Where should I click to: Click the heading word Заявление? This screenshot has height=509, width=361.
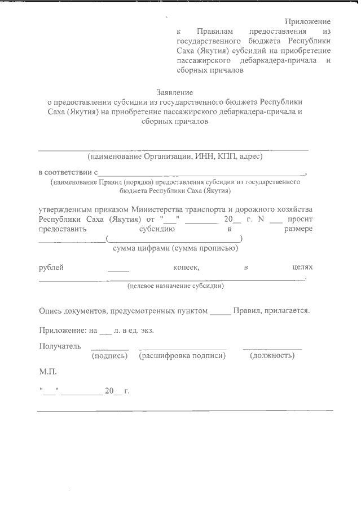[174, 92]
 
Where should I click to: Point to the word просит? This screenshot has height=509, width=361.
[300, 219]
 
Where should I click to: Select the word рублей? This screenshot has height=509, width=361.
[51, 267]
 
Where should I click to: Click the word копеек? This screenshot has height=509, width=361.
[187, 267]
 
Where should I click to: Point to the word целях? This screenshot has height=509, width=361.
[302, 267]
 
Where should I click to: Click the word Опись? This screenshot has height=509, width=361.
[50, 310]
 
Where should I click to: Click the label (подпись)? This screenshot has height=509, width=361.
[110, 356]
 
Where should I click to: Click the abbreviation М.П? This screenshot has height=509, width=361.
[48, 372]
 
